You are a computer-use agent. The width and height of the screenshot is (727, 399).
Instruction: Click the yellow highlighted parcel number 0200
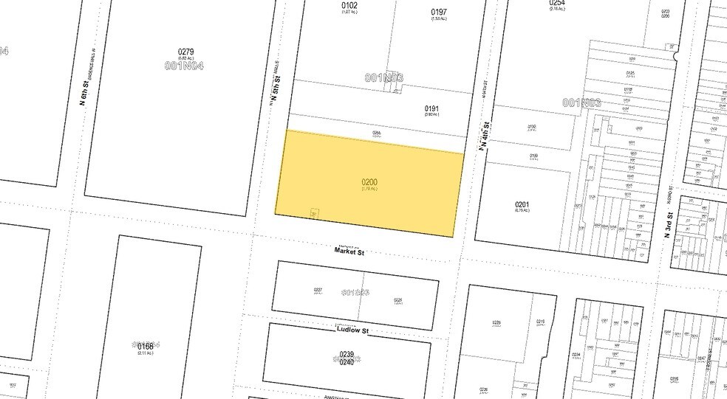370,181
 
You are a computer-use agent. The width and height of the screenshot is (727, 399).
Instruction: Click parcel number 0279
185,52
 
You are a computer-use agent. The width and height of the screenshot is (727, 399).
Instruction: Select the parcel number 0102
349,6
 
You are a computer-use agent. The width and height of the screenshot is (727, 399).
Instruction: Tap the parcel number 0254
557,4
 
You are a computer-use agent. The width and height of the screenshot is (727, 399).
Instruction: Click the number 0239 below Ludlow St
347,354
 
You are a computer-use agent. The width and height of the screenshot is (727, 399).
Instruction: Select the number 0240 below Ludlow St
347,363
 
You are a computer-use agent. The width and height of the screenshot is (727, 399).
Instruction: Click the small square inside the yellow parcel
314,212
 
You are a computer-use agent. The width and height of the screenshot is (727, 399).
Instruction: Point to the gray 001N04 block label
185,65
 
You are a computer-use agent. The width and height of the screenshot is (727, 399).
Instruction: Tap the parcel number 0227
318,290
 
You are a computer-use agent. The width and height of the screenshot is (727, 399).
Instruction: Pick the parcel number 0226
397,299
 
